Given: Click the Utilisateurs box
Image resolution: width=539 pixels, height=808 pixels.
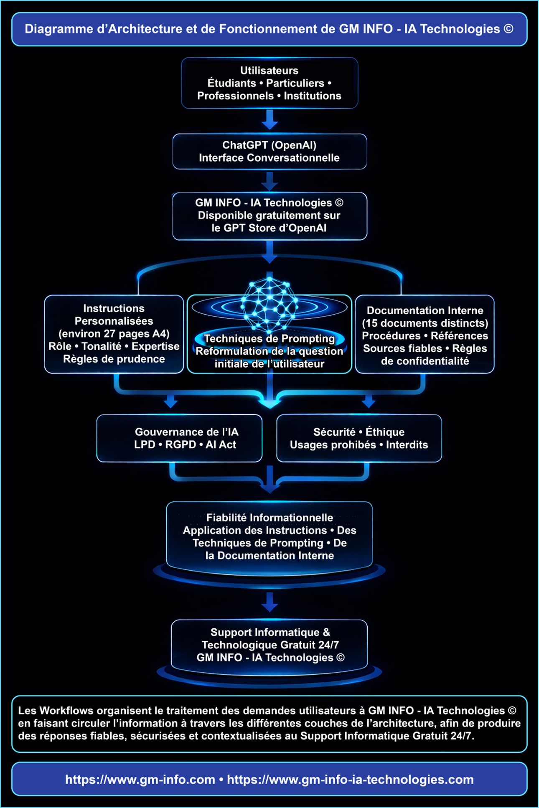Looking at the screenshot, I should (x=269, y=83).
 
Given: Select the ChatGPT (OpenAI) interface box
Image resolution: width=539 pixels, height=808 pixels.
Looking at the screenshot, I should (x=269, y=152).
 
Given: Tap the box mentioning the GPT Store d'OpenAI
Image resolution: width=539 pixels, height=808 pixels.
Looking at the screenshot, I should (x=269, y=216).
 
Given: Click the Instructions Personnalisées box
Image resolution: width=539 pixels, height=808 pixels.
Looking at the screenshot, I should (x=114, y=334).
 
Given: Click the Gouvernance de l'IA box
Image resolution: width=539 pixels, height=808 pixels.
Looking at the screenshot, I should (x=180, y=438).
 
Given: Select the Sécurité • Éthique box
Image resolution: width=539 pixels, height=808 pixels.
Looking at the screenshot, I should (x=359, y=438).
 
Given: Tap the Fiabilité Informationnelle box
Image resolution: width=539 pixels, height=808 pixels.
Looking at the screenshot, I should (x=269, y=536).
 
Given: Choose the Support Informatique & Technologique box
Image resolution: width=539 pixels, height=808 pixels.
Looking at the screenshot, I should (x=269, y=645).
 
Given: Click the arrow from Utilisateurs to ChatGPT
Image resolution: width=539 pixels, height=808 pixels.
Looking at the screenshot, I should (x=269, y=120).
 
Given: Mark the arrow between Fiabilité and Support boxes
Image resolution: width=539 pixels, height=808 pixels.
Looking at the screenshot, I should (x=269, y=602).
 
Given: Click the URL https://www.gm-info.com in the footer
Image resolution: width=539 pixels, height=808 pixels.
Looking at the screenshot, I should (x=140, y=780).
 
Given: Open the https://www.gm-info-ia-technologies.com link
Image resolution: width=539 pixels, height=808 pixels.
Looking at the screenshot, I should (x=350, y=780).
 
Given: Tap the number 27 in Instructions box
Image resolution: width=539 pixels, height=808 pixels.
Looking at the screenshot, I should (x=109, y=334).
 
